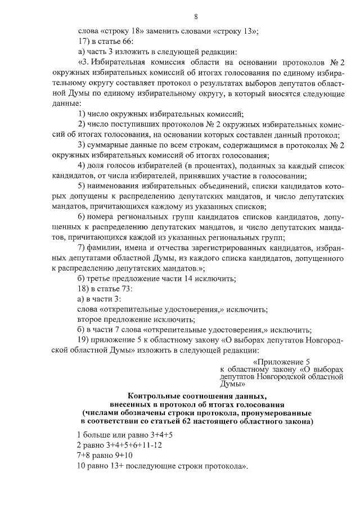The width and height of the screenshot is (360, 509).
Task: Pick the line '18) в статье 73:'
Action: click(104, 289)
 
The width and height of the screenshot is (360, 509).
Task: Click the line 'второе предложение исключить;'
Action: click(136, 319)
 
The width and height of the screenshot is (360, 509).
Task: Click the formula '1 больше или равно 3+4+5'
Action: click(125, 435)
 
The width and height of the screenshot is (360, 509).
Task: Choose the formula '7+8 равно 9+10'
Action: click(105, 456)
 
